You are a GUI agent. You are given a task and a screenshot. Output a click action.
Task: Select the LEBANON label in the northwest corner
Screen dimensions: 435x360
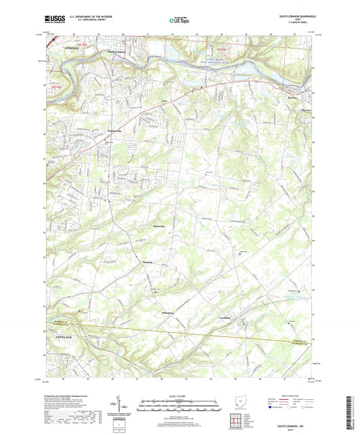(62, 50)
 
